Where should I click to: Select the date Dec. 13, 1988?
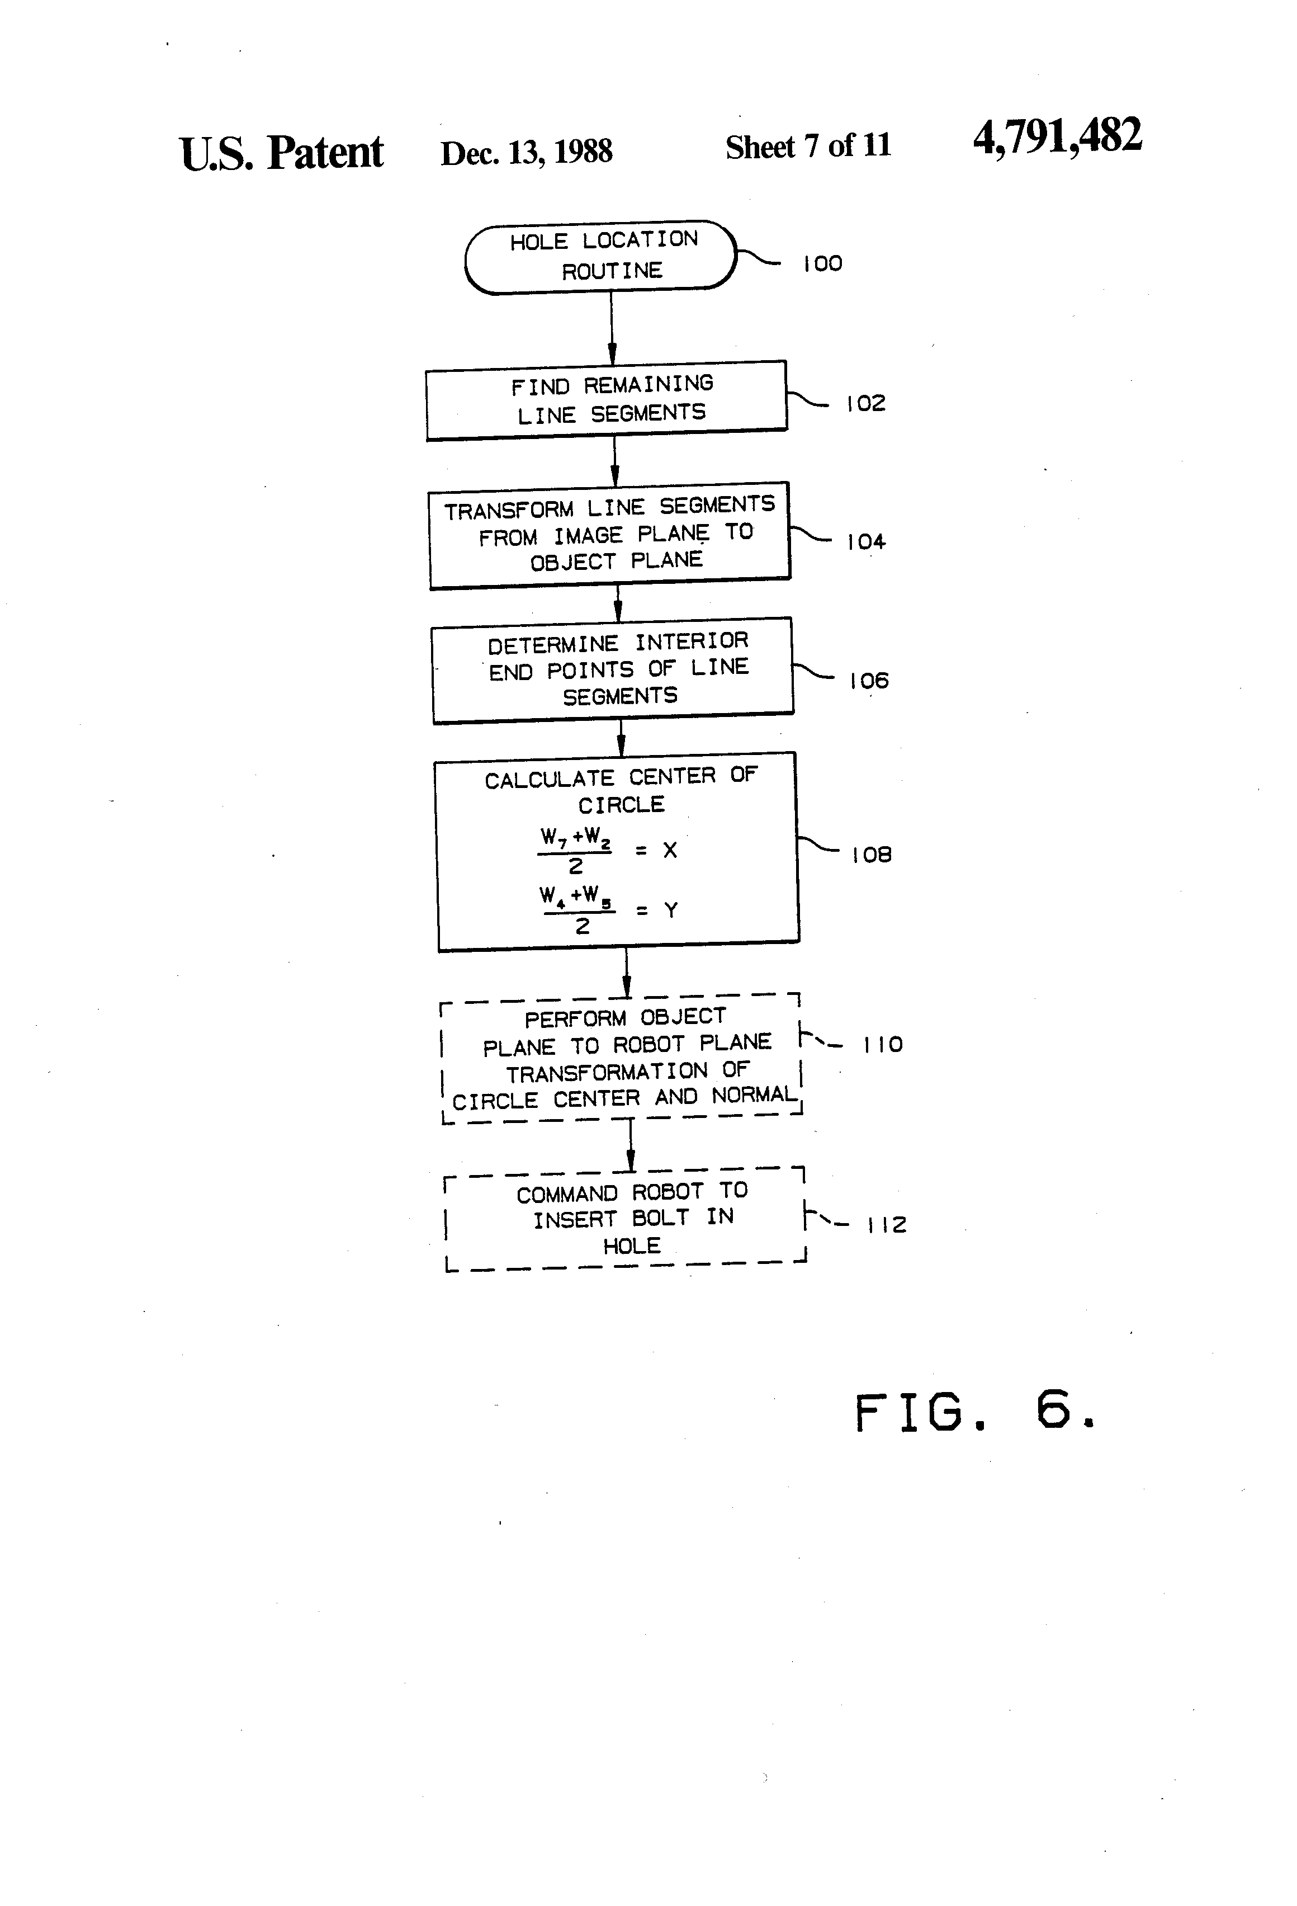tap(526, 152)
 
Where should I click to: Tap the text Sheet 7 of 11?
tap(808, 147)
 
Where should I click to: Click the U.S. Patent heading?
tap(281, 153)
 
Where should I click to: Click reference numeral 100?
tap(822, 264)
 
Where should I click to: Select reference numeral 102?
tap(866, 403)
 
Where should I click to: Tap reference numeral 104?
tap(866, 542)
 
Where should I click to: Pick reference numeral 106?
tap(869, 681)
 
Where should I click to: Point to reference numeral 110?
tap(883, 1045)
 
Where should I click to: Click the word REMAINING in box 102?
tap(648, 384)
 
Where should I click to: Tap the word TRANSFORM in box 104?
tap(508, 510)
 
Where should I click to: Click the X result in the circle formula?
tap(670, 851)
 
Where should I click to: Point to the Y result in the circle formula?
tap(671, 909)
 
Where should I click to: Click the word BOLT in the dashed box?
tap(660, 1218)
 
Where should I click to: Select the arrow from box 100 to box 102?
tap(612, 328)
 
